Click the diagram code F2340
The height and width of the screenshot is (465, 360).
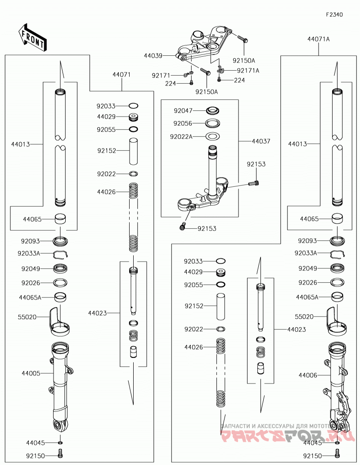tap(334, 14)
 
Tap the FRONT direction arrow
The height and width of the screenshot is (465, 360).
tap(32, 38)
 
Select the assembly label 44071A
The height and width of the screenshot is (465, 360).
tap(319, 39)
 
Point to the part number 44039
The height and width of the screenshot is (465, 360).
tap(153, 55)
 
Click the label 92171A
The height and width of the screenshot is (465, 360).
tap(248, 71)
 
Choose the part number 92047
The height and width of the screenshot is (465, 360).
tap(183, 111)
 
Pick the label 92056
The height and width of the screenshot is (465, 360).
tap(183, 123)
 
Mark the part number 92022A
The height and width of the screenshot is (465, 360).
tap(181, 136)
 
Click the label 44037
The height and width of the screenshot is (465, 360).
tap(261, 141)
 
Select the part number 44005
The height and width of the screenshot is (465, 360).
tap(31, 373)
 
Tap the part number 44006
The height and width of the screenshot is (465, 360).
tap(308, 375)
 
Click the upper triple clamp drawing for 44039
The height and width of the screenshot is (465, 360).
tap(204, 44)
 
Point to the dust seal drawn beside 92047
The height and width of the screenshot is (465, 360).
tap(213, 111)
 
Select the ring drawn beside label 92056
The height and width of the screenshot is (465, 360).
tap(213, 123)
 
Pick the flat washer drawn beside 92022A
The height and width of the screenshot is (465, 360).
tap(213, 136)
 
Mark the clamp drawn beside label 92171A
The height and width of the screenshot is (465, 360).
tap(220, 70)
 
